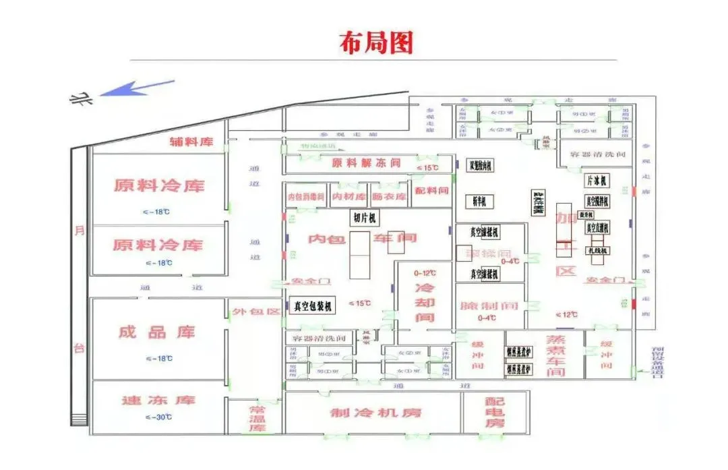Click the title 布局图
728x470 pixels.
(375, 43)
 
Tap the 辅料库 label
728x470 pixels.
(191, 142)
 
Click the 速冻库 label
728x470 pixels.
(158, 400)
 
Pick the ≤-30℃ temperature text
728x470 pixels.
(158, 417)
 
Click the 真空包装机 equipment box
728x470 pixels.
(313, 307)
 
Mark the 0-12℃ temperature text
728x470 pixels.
(424, 273)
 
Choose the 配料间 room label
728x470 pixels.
(431, 191)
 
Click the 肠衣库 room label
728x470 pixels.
(390, 197)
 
